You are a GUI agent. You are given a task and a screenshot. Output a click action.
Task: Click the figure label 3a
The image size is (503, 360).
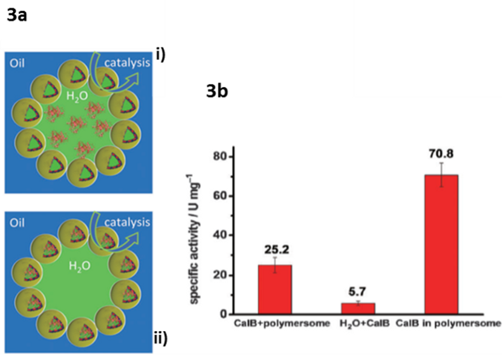(16, 16)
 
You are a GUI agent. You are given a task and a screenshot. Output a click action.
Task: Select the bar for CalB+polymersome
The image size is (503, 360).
(275, 289)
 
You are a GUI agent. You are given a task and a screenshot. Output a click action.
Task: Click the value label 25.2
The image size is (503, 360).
(275, 247)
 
